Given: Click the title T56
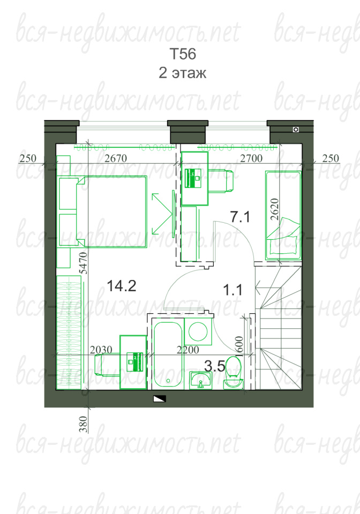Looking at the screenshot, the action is (183, 54).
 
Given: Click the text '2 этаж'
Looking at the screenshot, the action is (183, 72).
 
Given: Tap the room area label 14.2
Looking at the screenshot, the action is (121, 286).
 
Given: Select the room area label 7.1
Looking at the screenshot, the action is (240, 217).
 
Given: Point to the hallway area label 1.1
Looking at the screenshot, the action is (233, 290).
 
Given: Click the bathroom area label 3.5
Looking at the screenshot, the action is (215, 366).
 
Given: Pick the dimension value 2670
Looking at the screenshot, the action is (116, 158).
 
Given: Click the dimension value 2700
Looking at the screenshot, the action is (251, 158).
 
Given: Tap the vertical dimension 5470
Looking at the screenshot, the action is (84, 263).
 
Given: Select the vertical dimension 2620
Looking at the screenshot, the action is (275, 209).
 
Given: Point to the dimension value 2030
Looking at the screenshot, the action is (101, 350).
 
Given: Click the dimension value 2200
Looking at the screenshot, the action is (188, 350).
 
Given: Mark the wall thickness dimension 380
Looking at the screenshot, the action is (84, 424).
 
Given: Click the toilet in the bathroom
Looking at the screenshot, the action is (234, 373).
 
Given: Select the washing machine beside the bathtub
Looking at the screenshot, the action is (198, 331).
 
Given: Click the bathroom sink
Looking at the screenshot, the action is (201, 381).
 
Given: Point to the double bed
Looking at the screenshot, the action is (103, 211).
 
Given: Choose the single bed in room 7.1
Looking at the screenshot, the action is (283, 215).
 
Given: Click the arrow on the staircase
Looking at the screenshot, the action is (268, 289).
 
